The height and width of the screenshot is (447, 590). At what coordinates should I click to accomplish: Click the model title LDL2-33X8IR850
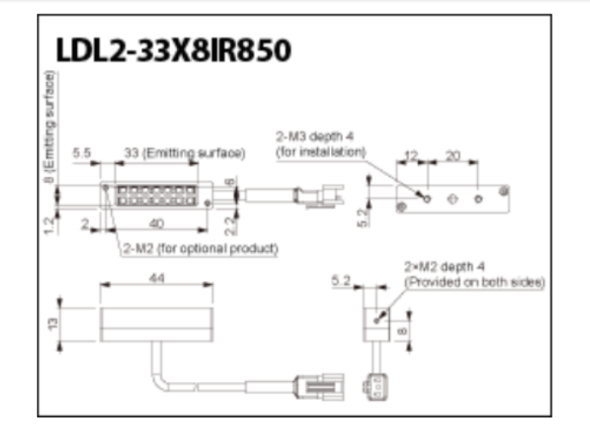(173, 50)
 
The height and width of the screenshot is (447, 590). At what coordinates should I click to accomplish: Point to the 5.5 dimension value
(83, 152)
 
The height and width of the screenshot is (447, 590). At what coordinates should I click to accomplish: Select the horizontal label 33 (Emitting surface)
(185, 152)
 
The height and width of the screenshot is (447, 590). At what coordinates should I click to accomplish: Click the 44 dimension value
(156, 279)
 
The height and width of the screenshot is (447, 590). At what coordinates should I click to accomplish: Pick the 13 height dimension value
(53, 322)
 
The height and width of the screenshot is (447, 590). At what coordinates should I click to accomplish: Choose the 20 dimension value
(452, 156)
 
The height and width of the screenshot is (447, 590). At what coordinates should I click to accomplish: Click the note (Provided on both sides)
(474, 281)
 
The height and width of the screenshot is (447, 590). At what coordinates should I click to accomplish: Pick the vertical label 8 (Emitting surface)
(52, 129)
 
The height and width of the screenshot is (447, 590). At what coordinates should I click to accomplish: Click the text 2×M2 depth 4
(445, 267)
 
